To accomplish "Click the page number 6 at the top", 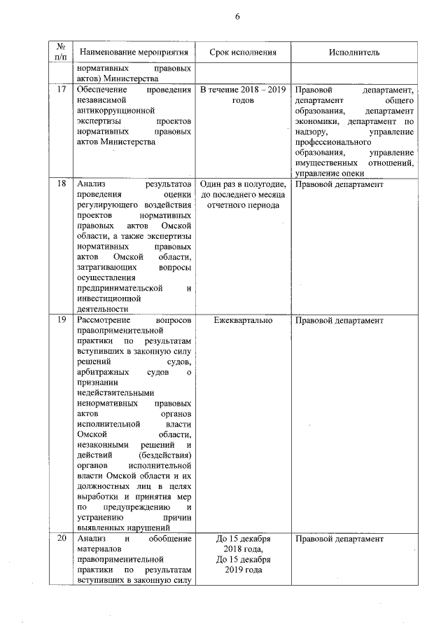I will click(237, 17).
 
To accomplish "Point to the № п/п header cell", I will click(60, 53).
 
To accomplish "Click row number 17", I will click(61, 90).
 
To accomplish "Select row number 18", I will click(61, 184).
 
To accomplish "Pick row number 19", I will click(61, 320).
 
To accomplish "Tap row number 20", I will click(61, 539).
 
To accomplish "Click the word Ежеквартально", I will click(243, 320).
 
